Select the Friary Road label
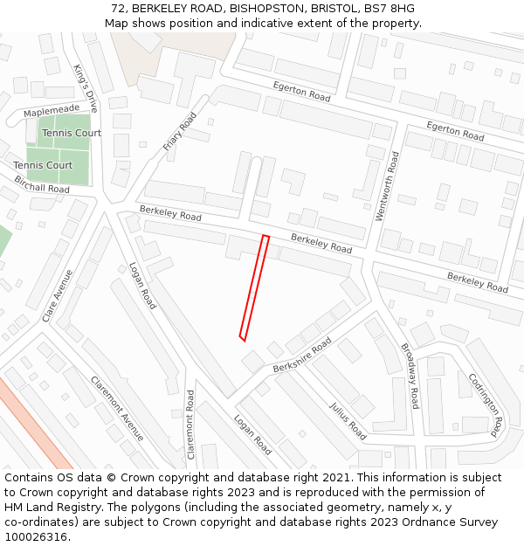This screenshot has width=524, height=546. (180, 132)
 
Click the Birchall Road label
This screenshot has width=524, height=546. (41, 184)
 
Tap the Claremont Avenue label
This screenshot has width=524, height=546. (117, 408)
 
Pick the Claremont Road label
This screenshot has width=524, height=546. (190, 430)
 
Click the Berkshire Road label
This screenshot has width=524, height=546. (302, 356)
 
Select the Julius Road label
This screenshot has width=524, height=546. (348, 419)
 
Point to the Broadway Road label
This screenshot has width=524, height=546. (410, 375)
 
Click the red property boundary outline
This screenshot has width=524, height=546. (254, 287)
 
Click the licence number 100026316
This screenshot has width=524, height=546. (35, 536)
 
